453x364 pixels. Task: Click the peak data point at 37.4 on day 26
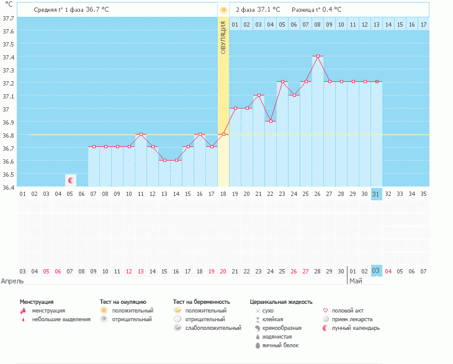point(318,56)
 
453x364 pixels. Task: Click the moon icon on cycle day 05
point(71,180)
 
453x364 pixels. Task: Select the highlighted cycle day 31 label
point(376,194)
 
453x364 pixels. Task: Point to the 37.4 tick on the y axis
point(9,57)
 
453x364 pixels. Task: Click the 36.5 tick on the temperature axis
point(9,174)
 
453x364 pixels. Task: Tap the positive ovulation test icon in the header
point(223,10)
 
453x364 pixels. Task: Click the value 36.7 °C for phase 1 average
point(96,10)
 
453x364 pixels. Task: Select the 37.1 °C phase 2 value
point(269,10)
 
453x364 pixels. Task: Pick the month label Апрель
point(12,281)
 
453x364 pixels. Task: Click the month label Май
point(356,281)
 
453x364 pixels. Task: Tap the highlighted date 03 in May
point(376,271)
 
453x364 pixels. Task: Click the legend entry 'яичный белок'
point(280,345)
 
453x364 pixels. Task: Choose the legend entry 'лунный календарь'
point(356,328)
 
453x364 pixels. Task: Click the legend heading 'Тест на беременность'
point(206,302)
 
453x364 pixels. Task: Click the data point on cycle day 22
point(271,122)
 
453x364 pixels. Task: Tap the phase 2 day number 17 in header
point(423,24)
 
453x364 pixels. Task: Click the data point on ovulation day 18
point(223,135)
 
